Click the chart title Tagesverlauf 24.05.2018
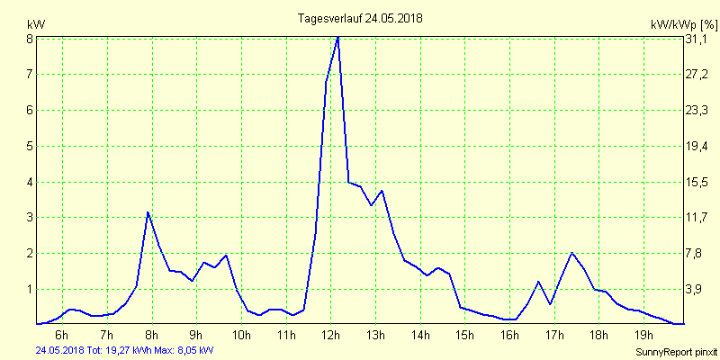(x=360, y=18)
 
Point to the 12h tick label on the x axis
(x=330, y=336)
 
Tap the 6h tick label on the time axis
(x=61, y=336)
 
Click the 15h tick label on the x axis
(x=464, y=336)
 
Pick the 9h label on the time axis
(x=195, y=336)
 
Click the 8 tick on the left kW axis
(x=30, y=39)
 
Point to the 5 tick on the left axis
(x=30, y=146)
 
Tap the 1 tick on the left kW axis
(x=30, y=289)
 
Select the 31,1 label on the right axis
(x=698, y=39)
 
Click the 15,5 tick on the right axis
(x=698, y=182)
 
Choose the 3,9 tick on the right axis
(x=698, y=289)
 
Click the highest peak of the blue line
(x=337, y=37)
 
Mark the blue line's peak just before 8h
(x=148, y=212)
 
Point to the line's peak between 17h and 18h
(x=571, y=253)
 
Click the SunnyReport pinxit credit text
(x=676, y=351)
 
